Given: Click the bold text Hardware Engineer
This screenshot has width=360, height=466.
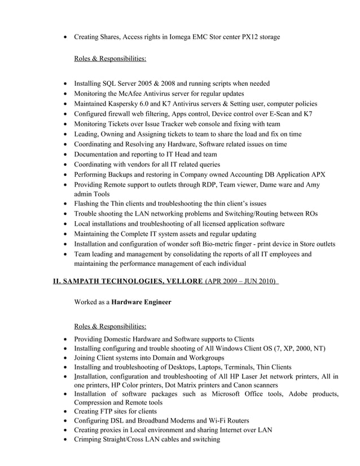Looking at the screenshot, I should pos(141,302).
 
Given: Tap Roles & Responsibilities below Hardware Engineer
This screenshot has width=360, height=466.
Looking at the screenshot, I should pos(110,326).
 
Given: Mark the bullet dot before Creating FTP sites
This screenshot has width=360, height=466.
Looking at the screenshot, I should pos(67,411).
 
